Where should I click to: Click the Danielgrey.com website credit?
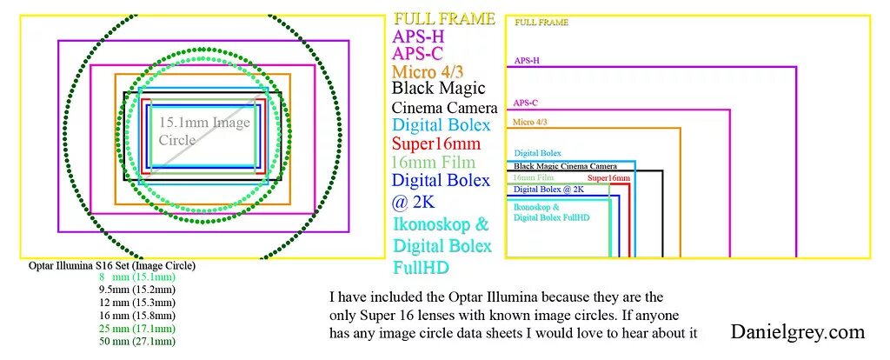coord(798,331)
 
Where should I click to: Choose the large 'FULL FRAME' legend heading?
coord(444,18)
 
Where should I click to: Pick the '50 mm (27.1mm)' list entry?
coord(136,342)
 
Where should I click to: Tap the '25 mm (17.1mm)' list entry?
coord(136,329)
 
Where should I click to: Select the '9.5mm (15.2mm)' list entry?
coord(136,290)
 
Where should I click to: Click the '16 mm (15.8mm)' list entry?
coord(136,316)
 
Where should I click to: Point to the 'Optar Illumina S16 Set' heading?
coord(111,265)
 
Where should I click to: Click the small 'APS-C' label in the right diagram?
coord(526,103)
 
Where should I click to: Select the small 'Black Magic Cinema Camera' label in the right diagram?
coord(565,166)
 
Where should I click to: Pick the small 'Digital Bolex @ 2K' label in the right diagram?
coord(548,189)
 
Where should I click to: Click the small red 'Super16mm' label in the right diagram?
coord(608,178)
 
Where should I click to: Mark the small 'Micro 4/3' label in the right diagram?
coord(530,123)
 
